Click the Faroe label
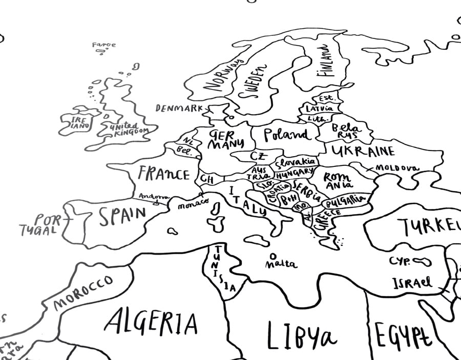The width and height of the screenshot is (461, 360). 104,45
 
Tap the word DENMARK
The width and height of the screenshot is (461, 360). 179,109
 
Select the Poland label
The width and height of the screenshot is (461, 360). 287,135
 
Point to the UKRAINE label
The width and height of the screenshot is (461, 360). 363,151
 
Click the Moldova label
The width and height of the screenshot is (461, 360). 397,168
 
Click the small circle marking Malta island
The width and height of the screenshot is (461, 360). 273,255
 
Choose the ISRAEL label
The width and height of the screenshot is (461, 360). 412,282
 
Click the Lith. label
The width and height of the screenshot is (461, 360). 314,118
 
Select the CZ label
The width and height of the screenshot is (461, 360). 258,156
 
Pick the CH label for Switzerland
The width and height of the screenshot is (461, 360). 207,179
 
